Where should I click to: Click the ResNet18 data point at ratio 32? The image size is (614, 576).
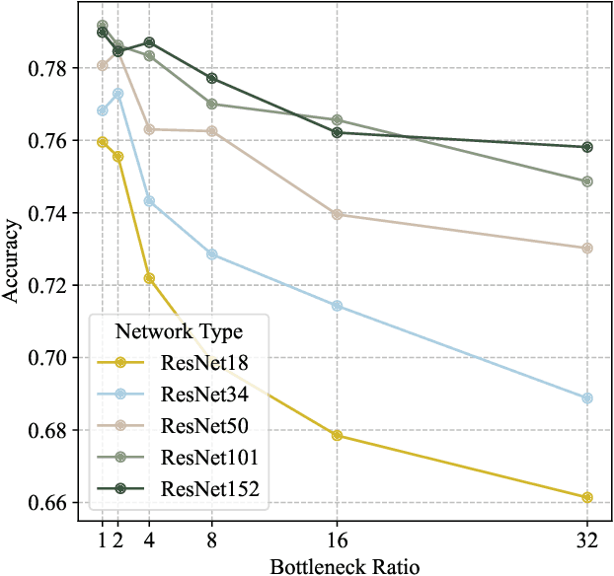pos(587,497)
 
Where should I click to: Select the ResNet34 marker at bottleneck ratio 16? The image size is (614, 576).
pos(338,306)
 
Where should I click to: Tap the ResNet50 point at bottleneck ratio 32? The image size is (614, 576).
pos(587,248)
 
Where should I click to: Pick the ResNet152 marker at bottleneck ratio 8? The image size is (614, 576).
pos(211,78)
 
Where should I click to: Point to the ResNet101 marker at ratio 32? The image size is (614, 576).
pos(587,181)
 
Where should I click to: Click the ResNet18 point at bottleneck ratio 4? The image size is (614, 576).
pos(149,278)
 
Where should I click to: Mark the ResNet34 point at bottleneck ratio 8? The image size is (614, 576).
pos(211,254)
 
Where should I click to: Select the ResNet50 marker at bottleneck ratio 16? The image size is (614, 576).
pos(338,214)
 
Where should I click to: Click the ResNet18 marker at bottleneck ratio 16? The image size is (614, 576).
pos(338,435)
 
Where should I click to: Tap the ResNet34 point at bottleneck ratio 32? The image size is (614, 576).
pos(587,398)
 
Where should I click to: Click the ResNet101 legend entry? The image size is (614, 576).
pos(209,457)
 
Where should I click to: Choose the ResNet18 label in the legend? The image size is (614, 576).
pos(204,363)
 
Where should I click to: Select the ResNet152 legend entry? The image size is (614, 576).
pos(209,488)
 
